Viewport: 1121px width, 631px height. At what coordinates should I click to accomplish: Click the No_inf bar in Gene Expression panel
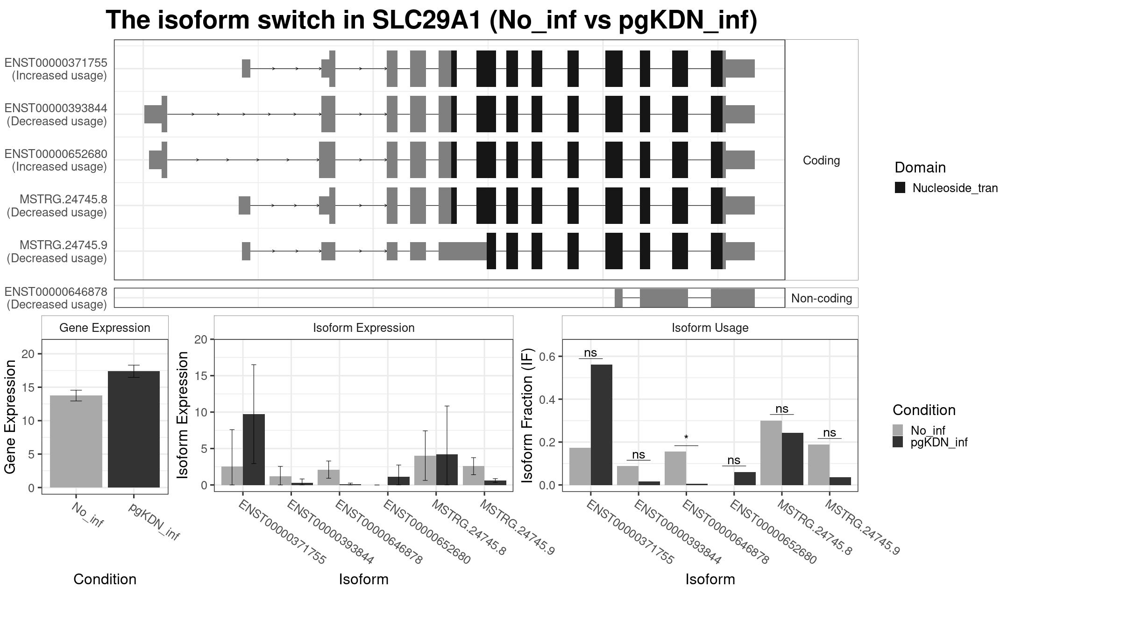(x=76, y=441)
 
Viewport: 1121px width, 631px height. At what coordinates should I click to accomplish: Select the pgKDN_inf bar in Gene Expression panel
(x=134, y=429)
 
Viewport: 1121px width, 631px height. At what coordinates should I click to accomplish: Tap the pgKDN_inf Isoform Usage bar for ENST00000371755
(x=602, y=425)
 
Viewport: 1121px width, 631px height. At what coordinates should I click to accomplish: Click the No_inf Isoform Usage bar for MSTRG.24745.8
(x=771, y=453)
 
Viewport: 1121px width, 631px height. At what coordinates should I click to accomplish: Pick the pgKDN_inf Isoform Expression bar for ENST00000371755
(x=254, y=450)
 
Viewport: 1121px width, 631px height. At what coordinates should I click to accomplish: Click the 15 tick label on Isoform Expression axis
(x=201, y=376)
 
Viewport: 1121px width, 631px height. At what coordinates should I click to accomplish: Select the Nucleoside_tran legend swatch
(x=900, y=187)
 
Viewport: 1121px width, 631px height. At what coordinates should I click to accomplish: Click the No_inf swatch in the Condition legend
(x=898, y=430)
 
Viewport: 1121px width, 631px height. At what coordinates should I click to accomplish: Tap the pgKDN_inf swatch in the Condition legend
(x=898, y=442)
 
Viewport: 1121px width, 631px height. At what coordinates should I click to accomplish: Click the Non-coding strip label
(x=822, y=298)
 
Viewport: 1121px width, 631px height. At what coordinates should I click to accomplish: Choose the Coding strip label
(x=821, y=160)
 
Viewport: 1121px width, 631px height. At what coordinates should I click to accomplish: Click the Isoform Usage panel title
(x=710, y=328)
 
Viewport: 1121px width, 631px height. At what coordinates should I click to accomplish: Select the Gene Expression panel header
(x=105, y=328)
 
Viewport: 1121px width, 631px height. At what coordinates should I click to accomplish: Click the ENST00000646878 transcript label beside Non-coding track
(x=56, y=292)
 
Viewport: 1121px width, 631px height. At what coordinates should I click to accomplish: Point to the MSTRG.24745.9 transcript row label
(x=64, y=245)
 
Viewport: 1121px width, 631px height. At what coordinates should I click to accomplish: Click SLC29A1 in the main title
(x=426, y=20)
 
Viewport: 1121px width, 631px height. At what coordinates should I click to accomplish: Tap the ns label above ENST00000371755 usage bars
(x=590, y=353)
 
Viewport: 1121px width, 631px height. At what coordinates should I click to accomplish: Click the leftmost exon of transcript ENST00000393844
(x=156, y=114)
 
